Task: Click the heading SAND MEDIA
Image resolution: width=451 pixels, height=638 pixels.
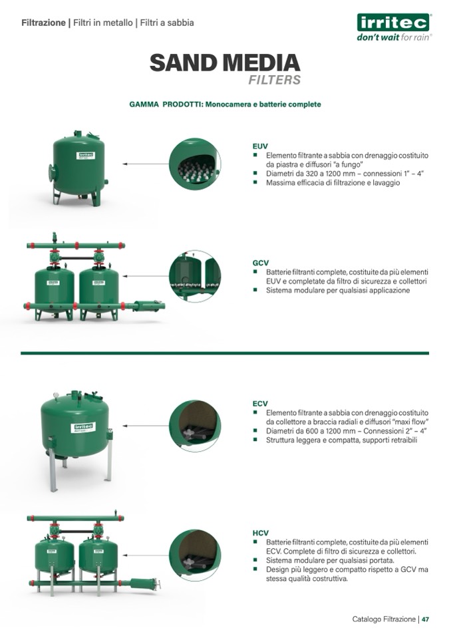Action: tap(225, 63)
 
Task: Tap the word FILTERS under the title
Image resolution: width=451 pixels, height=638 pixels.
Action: tap(275, 80)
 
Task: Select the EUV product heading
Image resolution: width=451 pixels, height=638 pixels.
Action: tap(260, 146)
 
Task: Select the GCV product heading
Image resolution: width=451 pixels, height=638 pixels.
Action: tap(261, 263)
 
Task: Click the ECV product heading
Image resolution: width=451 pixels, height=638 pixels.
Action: tap(260, 404)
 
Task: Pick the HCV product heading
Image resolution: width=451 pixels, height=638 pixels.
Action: tap(261, 533)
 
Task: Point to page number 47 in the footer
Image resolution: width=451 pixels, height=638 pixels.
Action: tap(425, 619)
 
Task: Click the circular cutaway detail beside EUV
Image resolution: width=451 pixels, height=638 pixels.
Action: tap(195, 164)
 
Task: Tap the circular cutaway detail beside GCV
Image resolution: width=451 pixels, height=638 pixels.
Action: tap(195, 276)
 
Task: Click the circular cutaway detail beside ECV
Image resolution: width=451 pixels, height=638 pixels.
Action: tap(195, 426)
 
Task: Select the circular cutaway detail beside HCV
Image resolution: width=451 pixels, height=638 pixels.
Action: tap(195, 555)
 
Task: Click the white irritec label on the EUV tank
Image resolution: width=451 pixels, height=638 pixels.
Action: tap(86, 156)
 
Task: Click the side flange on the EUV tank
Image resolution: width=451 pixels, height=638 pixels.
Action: tap(51, 173)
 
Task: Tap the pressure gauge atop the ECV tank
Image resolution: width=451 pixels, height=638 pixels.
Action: tap(56, 395)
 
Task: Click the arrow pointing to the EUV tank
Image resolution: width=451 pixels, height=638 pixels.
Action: tap(146, 164)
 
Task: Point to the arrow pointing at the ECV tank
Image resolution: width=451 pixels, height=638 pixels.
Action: tap(146, 426)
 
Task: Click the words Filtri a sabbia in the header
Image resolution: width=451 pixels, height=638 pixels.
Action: tap(167, 23)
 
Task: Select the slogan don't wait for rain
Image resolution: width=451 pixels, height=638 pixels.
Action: tap(393, 37)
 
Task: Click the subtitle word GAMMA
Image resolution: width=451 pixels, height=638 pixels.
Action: tap(144, 104)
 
